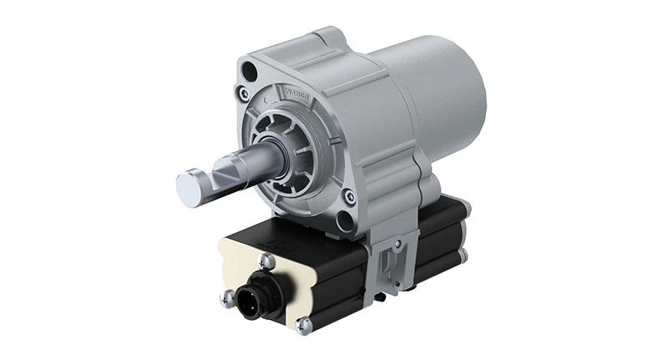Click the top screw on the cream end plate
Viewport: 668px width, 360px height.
tap(267, 261)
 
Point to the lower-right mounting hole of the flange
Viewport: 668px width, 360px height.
tap(344, 220)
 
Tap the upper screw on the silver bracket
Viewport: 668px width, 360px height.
tap(398, 244)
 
